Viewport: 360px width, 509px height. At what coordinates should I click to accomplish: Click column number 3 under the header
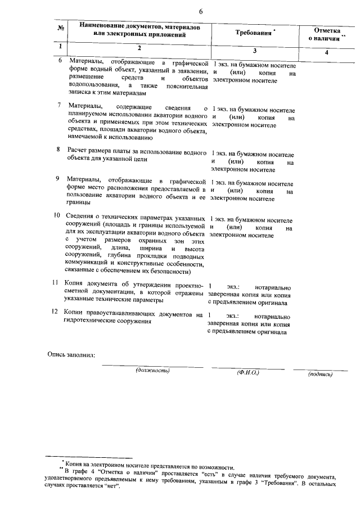(x=254, y=51)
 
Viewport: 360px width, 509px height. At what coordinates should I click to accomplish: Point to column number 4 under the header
(x=327, y=52)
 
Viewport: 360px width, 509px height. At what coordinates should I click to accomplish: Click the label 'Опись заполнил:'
(x=71, y=355)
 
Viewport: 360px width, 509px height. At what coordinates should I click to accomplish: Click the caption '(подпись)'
(x=320, y=373)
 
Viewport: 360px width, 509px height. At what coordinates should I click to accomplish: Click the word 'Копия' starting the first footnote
(x=74, y=466)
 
